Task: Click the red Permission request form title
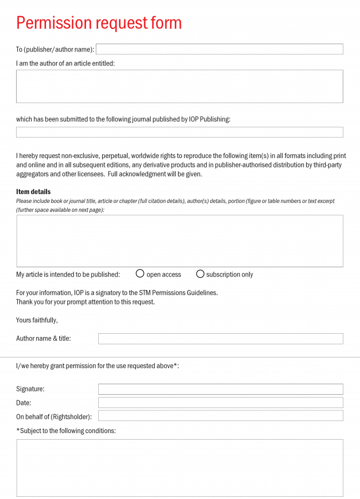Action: point(99,23)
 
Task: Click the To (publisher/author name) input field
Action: point(219,49)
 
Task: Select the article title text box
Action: point(179,86)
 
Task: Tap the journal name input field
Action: point(179,132)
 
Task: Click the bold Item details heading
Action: point(33,192)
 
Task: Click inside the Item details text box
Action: point(179,241)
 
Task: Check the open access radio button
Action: point(140,274)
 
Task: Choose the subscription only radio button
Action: point(200,274)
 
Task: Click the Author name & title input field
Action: point(220,338)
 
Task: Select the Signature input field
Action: point(220,389)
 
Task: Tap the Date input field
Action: point(220,403)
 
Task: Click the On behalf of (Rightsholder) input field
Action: point(220,416)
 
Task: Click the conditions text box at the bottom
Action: point(179,467)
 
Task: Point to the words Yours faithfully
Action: point(37,320)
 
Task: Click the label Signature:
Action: point(30,389)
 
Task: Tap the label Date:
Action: point(24,403)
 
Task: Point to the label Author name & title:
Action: point(43,338)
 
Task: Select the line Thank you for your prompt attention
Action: point(85,302)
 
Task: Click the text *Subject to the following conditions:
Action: point(66,431)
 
